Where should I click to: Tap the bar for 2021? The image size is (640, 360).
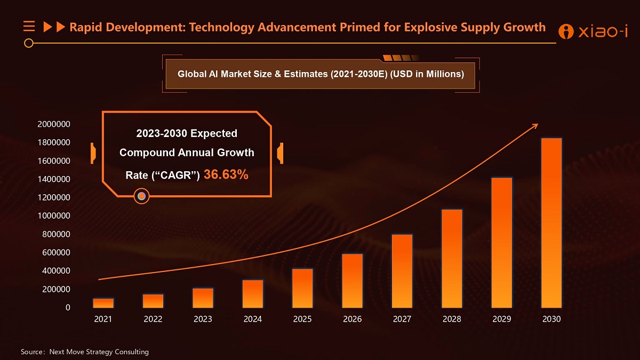tap(103, 303)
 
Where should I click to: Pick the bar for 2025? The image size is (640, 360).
tap(302, 288)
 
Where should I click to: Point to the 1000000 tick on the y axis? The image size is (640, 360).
tap(53, 215)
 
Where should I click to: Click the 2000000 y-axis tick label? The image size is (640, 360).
tap(53, 124)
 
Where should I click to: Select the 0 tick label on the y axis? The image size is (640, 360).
tap(68, 308)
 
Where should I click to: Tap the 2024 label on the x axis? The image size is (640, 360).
tap(252, 319)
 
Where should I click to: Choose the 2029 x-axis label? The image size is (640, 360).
tap(501, 319)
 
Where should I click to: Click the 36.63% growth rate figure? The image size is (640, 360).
tap(226, 174)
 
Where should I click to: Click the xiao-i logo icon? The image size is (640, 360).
tap(565, 31)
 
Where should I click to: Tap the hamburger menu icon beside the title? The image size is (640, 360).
tap(29, 26)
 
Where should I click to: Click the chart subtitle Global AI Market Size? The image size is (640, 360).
tap(320, 74)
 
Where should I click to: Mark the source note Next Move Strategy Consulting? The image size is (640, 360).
tap(99, 351)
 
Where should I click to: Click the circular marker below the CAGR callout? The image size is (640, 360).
tap(141, 196)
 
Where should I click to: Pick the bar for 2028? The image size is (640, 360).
tap(452, 259)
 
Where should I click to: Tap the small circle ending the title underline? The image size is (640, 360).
tap(29, 43)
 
